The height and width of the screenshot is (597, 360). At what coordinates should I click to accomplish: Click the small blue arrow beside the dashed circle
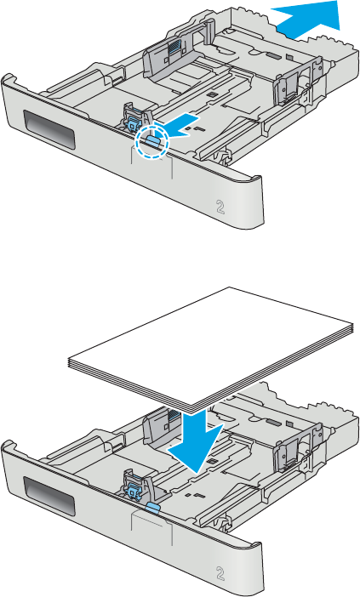pyautogui.click(x=183, y=125)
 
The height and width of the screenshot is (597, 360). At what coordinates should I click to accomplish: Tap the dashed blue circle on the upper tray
pyautogui.click(x=152, y=142)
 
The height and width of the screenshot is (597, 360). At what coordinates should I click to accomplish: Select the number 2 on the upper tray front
pyautogui.click(x=220, y=208)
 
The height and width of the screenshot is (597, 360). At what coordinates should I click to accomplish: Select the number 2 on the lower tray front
pyautogui.click(x=220, y=573)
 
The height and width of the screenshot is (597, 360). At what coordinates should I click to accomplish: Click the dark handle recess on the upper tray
pyautogui.click(x=48, y=128)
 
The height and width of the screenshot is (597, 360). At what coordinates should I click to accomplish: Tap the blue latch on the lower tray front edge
pyautogui.click(x=152, y=508)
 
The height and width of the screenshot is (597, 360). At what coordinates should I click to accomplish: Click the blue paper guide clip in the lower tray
pyautogui.click(x=132, y=485)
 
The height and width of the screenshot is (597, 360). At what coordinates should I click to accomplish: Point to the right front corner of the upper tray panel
pyautogui.click(x=262, y=179)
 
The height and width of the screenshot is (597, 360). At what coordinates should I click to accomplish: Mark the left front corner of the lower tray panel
pyautogui.click(x=4, y=443)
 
